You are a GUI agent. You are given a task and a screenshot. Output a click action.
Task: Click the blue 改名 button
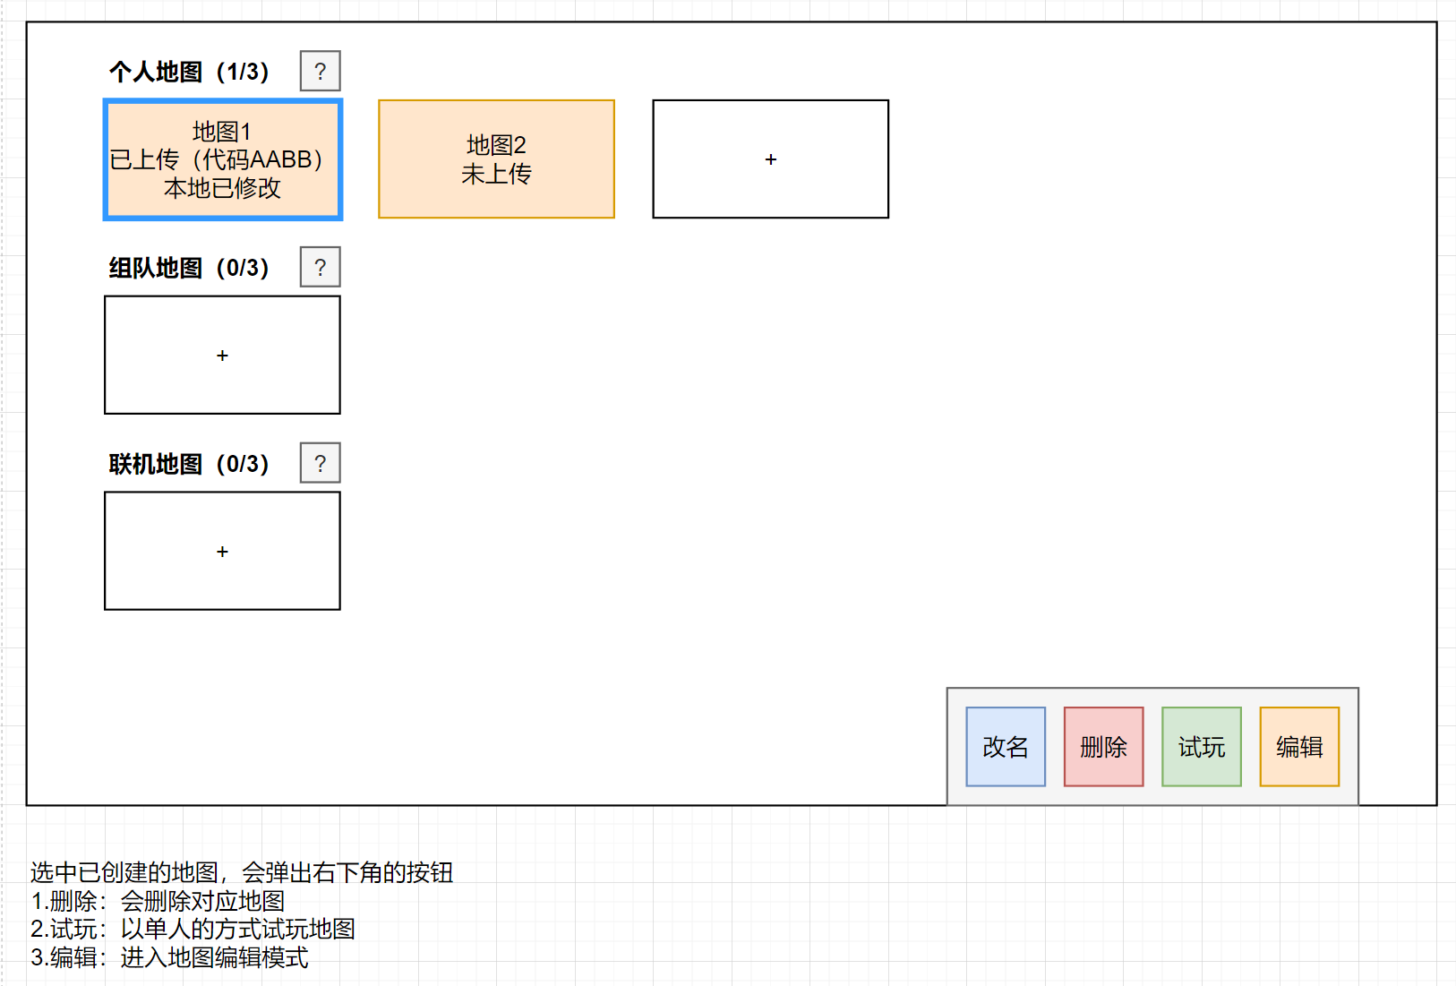tap(1005, 747)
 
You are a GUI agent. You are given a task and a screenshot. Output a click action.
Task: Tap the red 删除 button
tap(1103, 747)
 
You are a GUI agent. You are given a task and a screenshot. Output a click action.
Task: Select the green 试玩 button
tap(1201, 747)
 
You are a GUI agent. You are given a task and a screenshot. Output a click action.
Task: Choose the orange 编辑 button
tap(1298, 747)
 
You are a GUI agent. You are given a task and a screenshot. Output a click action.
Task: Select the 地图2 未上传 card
tap(496, 159)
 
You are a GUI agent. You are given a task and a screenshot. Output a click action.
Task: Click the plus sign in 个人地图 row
tap(770, 159)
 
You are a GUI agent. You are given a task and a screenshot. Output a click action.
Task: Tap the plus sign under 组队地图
tap(222, 356)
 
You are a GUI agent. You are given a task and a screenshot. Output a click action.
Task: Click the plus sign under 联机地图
tap(222, 552)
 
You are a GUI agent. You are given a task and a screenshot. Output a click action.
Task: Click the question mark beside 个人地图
tap(320, 72)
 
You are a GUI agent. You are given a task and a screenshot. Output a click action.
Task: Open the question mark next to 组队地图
tap(320, 268)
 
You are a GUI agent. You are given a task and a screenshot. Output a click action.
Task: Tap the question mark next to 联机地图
tap(320, 464)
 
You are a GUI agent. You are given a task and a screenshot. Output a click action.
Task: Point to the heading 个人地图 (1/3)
tap(189, 72)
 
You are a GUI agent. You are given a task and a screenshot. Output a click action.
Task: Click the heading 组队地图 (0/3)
tap(189, 268)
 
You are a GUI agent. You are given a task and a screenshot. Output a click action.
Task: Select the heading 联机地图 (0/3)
tap(189, 464)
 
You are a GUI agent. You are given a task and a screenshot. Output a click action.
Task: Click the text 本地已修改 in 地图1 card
tap(222, 188)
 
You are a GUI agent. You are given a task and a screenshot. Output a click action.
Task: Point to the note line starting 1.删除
tap(158, 901)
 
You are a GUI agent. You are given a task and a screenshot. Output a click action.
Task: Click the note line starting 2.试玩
tap(193, 929)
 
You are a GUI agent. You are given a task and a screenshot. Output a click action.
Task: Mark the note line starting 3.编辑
tap(169, 957)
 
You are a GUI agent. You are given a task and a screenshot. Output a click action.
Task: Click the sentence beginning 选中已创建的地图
tap(242, 872)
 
